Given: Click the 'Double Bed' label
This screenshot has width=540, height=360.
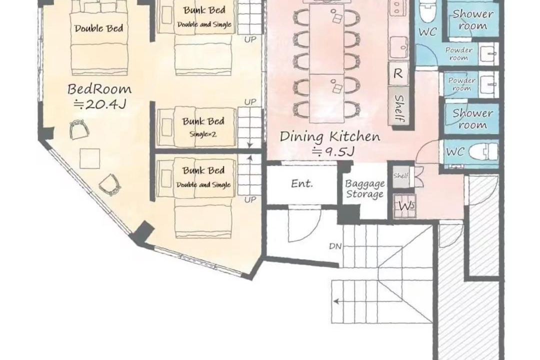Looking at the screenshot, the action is point(99,28).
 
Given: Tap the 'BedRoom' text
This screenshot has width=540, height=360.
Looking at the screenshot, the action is point(99,89).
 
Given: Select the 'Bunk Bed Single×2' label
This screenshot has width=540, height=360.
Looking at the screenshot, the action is point(203,127).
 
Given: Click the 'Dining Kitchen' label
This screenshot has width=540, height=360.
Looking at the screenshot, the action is point(330,137).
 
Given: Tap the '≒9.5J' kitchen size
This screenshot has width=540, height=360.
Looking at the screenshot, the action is point(332,151).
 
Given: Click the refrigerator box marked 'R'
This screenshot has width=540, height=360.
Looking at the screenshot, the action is point(398,73).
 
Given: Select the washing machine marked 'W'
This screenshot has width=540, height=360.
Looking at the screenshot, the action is point(405,206).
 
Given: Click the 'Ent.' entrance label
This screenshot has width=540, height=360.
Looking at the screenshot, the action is point(302,183).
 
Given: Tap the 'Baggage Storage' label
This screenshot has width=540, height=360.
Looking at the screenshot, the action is point(364,189).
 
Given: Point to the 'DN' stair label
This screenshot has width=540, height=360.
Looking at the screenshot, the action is point(335,246).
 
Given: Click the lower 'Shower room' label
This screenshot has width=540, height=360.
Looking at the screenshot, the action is point(472,119).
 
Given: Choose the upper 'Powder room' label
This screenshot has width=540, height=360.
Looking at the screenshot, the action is point(458,54).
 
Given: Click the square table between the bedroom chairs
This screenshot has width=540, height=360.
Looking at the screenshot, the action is point(89,158).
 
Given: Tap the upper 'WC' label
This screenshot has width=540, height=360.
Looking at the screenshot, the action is point(427,32).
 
